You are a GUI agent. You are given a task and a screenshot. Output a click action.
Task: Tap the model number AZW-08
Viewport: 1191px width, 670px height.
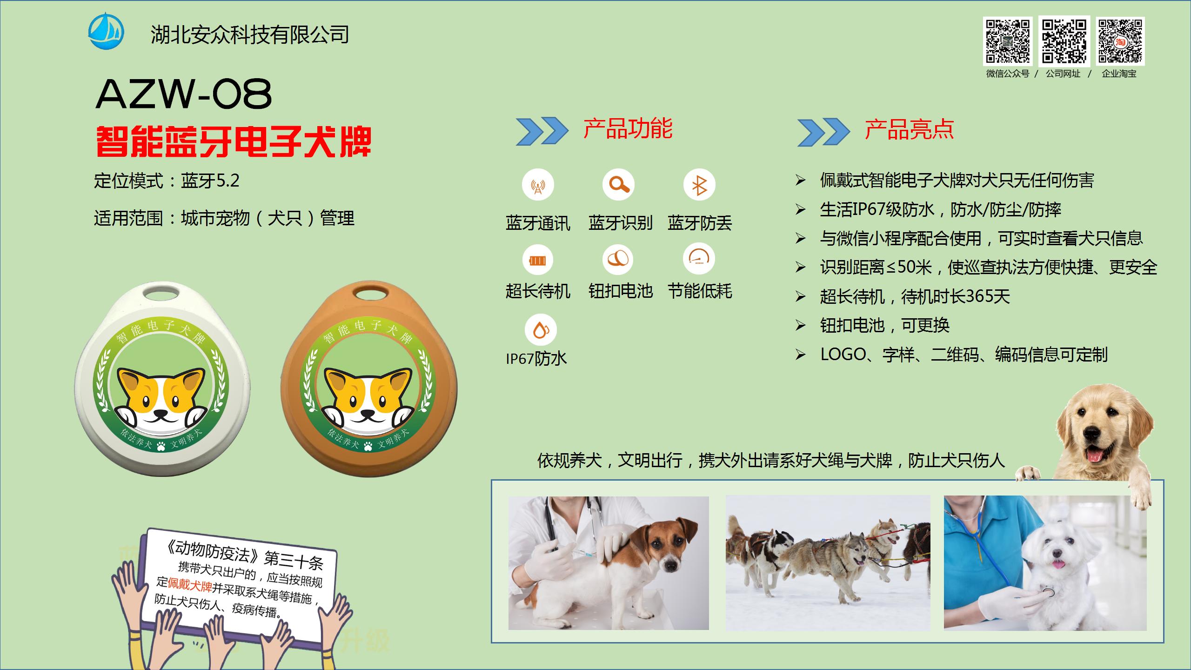pos(184,94)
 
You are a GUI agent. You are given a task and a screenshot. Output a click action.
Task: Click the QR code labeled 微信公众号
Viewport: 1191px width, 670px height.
pos(1007,41)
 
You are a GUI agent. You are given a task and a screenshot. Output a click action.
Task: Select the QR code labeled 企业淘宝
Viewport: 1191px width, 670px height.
pos(1120,41)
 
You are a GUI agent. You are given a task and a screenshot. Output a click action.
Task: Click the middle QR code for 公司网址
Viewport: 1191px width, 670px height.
pos(1064,41)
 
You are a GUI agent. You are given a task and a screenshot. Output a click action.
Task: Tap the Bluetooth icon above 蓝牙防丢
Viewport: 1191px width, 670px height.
pos(699,185)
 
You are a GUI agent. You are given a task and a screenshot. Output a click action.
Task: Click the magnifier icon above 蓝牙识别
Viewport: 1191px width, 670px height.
pos(618,185)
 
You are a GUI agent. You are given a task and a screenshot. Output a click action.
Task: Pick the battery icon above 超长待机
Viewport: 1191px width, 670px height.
pos(537,260)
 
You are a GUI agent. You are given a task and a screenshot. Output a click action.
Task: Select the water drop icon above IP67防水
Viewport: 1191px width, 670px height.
pos(541,330)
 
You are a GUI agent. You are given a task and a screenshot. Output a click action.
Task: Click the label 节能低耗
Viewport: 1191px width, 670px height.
pos(699,291)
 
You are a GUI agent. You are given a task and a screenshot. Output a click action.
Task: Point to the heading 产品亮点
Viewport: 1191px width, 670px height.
pos(909,130)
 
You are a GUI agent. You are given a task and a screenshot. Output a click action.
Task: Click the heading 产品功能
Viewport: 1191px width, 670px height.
pos(628,129)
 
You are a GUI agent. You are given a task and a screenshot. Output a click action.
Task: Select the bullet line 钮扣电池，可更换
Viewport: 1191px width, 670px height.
pos(884,325)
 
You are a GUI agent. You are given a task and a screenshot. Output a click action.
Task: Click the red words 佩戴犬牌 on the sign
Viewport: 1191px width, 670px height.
pos(190,584)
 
